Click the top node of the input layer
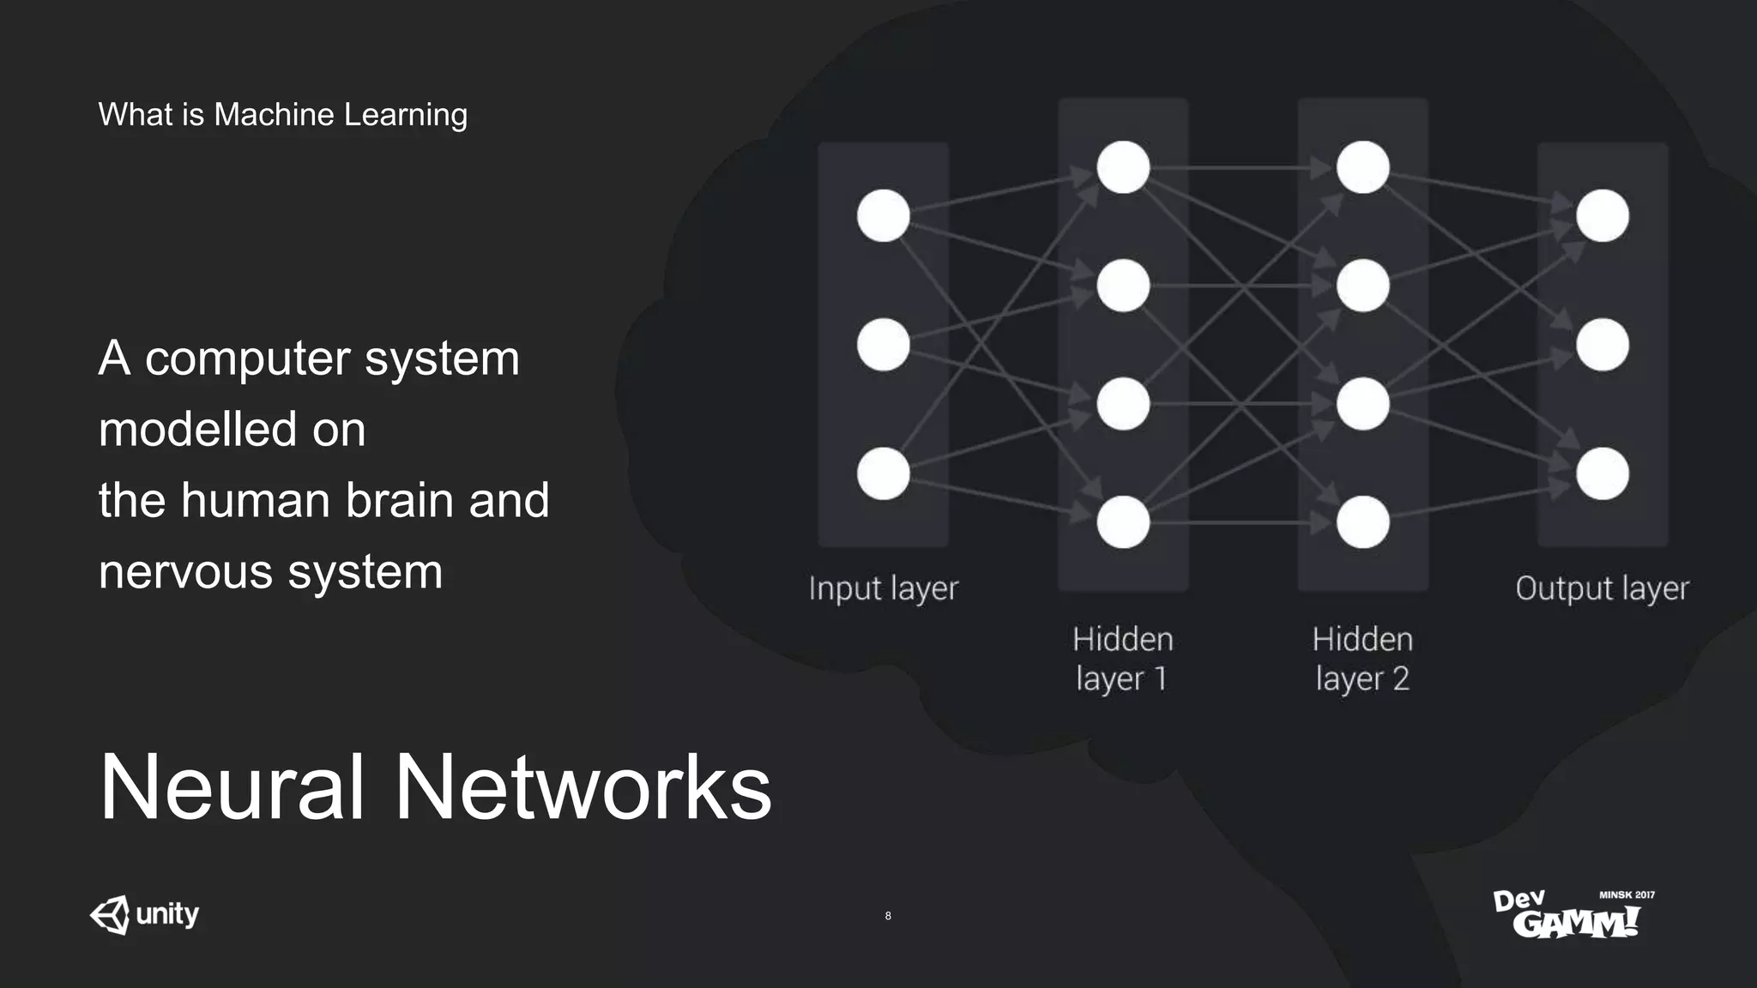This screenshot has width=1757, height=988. pos(883,215)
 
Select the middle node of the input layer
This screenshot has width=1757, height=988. pos(883,345)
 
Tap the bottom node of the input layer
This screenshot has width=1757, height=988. pos(883,473)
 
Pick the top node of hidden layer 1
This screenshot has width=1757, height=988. pos(1123,167)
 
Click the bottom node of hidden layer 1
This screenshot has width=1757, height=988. pos(1123,521)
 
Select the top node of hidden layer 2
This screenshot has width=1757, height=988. pos(1362,167)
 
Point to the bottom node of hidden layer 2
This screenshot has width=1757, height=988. pos(1362,521)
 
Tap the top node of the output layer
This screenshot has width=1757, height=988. pos(1602,215)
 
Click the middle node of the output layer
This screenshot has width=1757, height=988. pos(1602,345)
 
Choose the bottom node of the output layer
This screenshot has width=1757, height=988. pos(1602,473)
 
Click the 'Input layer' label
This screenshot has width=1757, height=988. pos(883,589)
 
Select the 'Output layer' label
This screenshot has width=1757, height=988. pos(1601,589)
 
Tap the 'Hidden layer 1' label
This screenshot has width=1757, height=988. pos(1122,659)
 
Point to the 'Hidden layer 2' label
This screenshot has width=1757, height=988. pos(1362,659)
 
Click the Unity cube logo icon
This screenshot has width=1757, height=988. pos(111,915)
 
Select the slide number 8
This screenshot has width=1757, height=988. pos(888,916)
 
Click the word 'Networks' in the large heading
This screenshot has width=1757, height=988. pos(583,787)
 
